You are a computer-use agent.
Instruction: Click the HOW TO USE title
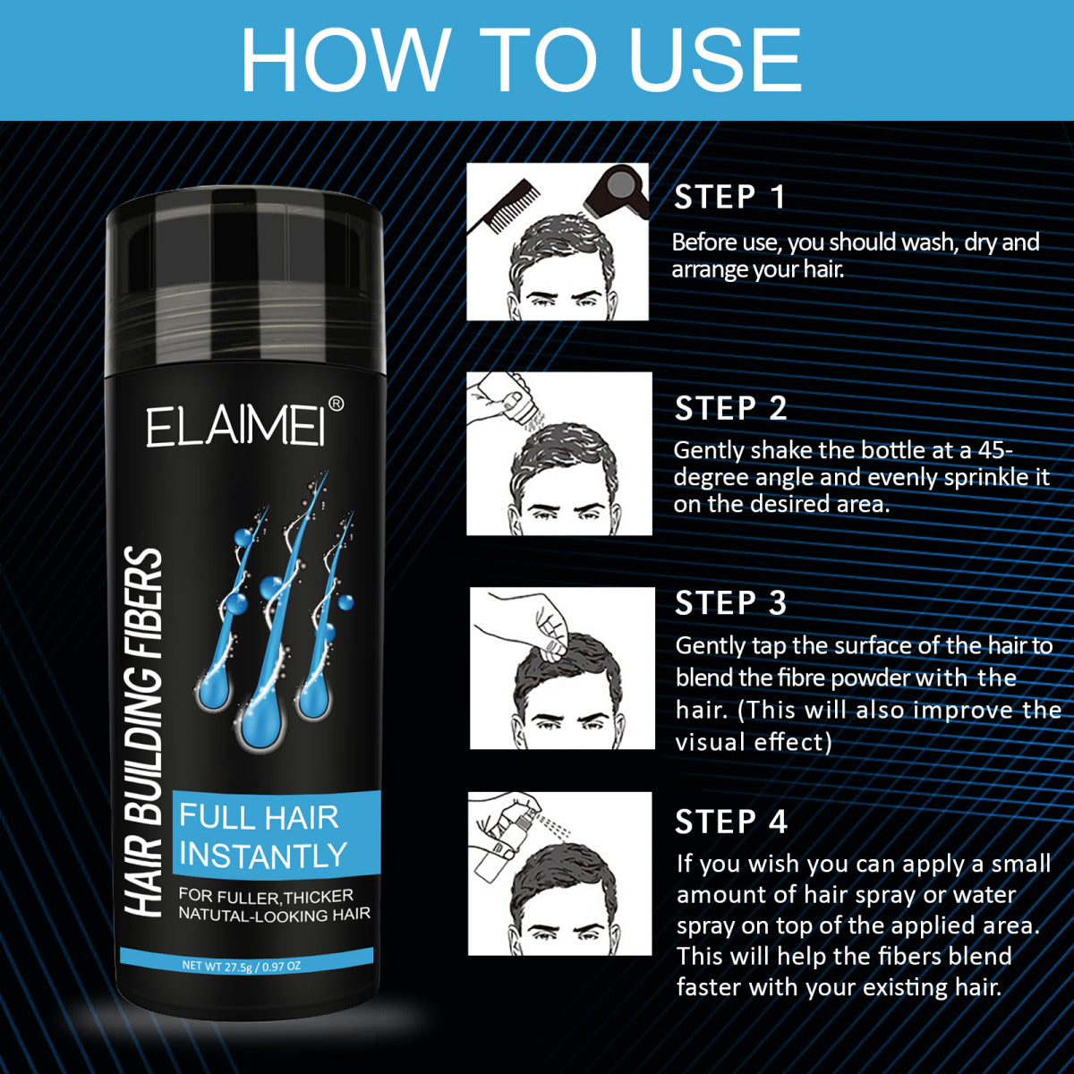click(521, 61)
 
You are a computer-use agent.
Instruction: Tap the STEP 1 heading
click(729, 197)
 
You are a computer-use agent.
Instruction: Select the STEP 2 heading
click(730, 408)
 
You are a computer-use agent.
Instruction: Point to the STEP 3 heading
click(730, 603)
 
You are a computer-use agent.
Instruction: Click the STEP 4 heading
click(730, 822)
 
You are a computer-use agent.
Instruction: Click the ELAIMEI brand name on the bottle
click(236, 427)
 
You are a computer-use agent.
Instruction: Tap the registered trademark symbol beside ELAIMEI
click(337, 405)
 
